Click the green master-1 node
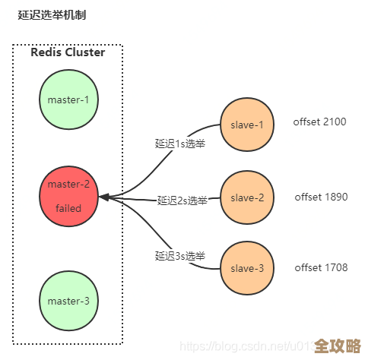[68, 99]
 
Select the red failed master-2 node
[68, 197]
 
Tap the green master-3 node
[68, 301]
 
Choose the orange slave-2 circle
[247, 197]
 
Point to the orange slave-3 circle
[247, 268]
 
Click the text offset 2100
[320, 122]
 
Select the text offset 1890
[321, 197]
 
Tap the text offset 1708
[321, 267]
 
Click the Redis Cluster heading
[68, 52]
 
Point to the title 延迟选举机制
[52, 15]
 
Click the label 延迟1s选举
[180, 143]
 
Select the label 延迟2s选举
[182, 201]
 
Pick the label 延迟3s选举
[180, 256]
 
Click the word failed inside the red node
[68, 208]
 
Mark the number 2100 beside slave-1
[335, 122]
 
